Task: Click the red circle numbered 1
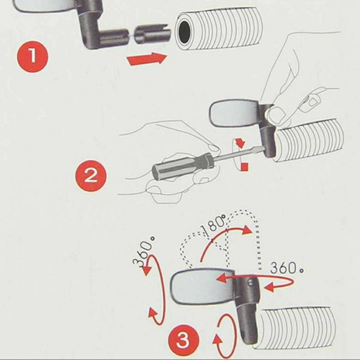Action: click(32, 57)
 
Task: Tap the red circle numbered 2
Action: click(91, 176)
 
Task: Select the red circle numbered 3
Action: click(184, 340)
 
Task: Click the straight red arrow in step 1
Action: click(147, 59)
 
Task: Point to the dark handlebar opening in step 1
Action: click(184, 32)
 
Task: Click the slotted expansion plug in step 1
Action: click(152, 34)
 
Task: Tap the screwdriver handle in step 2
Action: click(183, 166)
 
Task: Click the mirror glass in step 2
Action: click(233, 114)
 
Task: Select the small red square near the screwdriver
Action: click(244, 167)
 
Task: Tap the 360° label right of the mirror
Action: click(286, 268)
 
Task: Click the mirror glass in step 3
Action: click(203, 287)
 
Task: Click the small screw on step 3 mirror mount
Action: click(251, 283)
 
